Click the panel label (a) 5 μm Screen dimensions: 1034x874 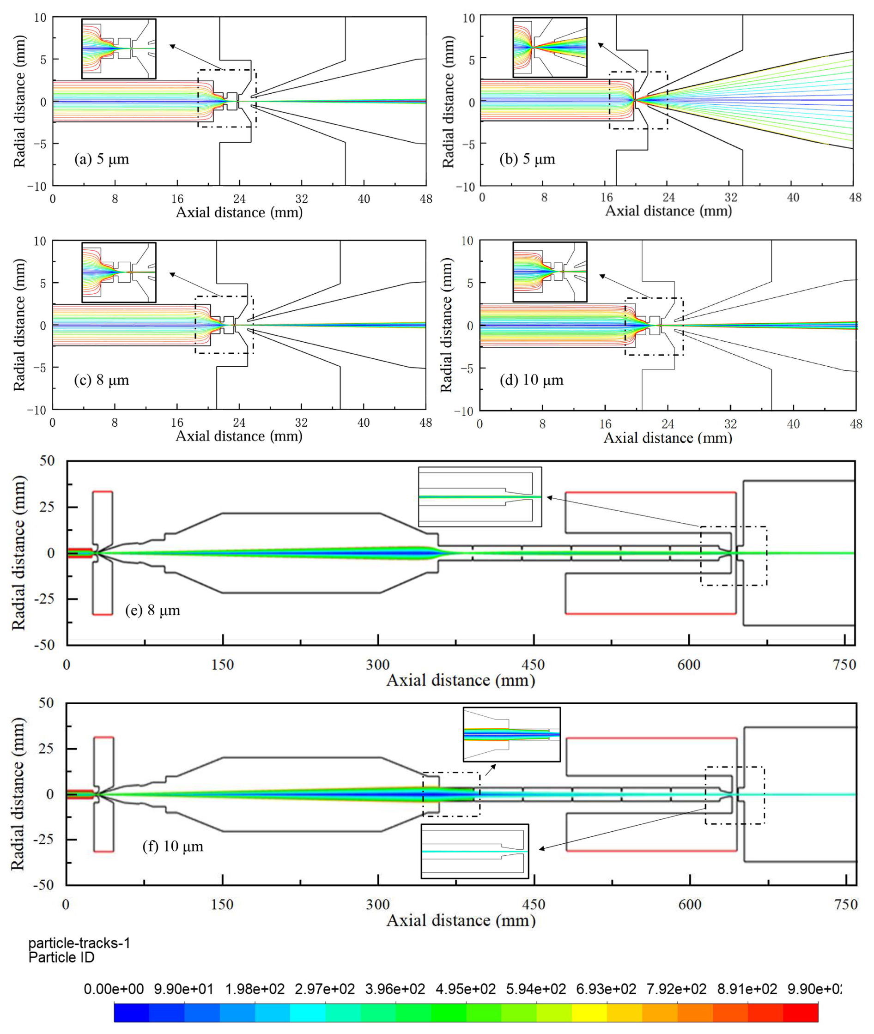[x=102, y=159]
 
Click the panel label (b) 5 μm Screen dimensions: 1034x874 [x=528, y=159]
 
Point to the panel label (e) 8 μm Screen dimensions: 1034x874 [x=152, y=610]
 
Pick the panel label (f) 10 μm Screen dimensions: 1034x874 [x=173, y=846]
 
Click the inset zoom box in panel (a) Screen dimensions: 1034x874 [x=119, y=48]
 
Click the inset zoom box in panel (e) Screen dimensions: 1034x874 [x=479, y=497]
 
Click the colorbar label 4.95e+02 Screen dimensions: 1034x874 [x=466, y=989]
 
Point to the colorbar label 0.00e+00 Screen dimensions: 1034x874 [x=114, y=989]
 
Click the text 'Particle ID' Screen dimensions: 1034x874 [x=61, y=957]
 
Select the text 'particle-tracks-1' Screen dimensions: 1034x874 [x=79, y=943]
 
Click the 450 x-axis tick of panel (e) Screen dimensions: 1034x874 [x=534, y=665]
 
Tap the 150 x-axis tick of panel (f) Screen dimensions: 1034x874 [x=222, y=905]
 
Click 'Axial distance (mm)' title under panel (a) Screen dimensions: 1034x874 [x=239, y=212]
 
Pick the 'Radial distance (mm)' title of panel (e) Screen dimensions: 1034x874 [x=19, y=553]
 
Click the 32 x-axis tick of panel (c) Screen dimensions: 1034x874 [x=301, y=423]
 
